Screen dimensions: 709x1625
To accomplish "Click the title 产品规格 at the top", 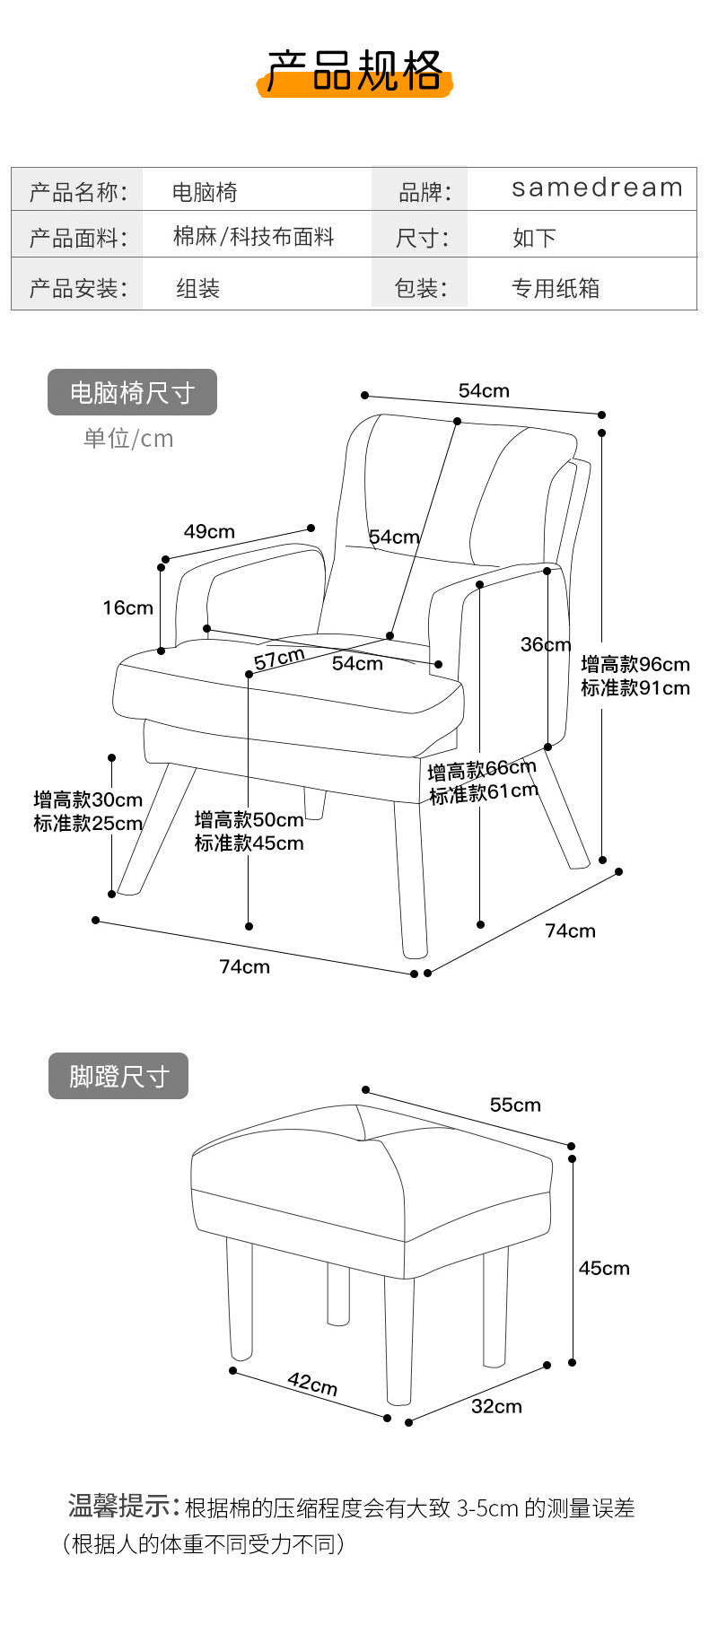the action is (x=355, y=72).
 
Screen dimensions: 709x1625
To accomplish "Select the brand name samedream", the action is (x=597, y=188).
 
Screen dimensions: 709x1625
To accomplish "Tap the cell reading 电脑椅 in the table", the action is (x=205, y=191).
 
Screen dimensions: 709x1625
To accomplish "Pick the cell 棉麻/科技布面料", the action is (x=253, y=237).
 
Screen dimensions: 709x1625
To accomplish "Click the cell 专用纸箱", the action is (x=556, y=288).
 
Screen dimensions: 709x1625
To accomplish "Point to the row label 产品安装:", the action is (x=78, y=288).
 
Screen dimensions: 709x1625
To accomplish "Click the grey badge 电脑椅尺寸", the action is (x=132, y=392).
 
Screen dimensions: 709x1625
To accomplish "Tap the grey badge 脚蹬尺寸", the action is (x=118, y=1076).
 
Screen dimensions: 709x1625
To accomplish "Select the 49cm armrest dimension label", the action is (x=209, y=531).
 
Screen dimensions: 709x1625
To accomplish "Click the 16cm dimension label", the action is (x=127, y=607).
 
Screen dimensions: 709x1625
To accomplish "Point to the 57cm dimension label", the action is (x=278, y=660).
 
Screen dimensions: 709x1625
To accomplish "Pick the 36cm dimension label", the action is (x=545, y=644).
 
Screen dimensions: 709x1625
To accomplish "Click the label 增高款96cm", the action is (x=635, y=664).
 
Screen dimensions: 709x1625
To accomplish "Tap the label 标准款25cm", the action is (x=88, y=823).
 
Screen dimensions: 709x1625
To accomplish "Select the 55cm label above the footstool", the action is (x=515, y=1105).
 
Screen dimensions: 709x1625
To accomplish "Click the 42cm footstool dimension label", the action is (x=312, y=1383).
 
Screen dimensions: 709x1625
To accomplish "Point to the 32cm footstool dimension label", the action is (x=496, y=1406).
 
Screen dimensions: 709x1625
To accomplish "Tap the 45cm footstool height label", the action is (x=604, y=1268).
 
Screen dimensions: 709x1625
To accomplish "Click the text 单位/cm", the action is (x=128, y=439).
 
